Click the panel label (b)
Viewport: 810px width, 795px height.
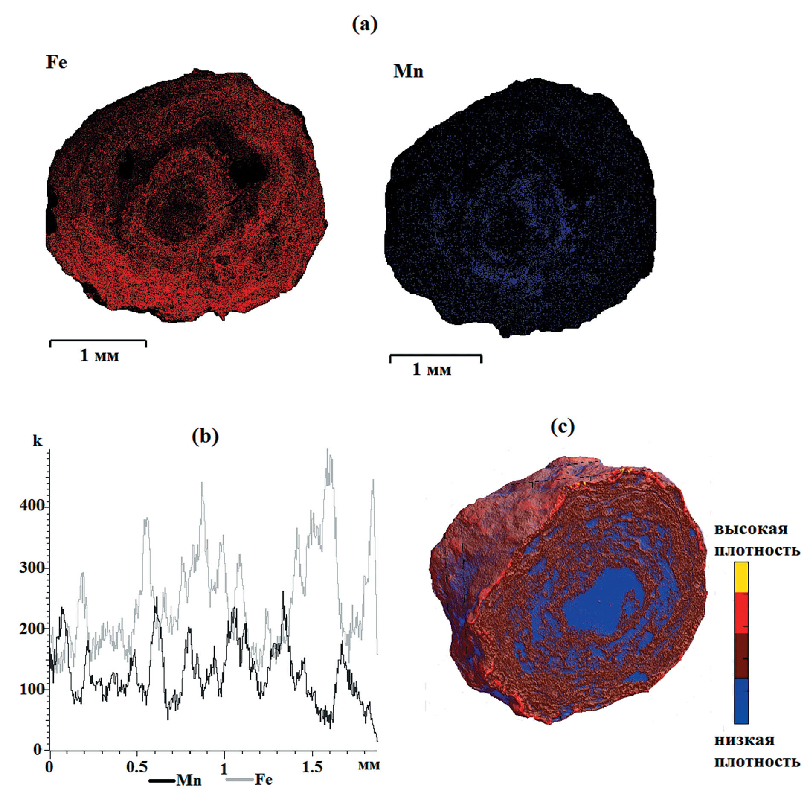[x=205, y=436]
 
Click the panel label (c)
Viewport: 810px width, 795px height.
[x=563, y=426]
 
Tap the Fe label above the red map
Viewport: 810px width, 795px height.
[x=57, y=63]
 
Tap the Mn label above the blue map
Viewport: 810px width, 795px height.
[x=408, y=71]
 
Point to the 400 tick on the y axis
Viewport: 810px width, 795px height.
[x=49, y=506]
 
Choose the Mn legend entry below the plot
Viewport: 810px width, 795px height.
[x=176, y=780]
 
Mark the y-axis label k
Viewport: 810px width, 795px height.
[x=38, y=441]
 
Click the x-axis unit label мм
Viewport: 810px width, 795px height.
[x=369, y=765]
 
